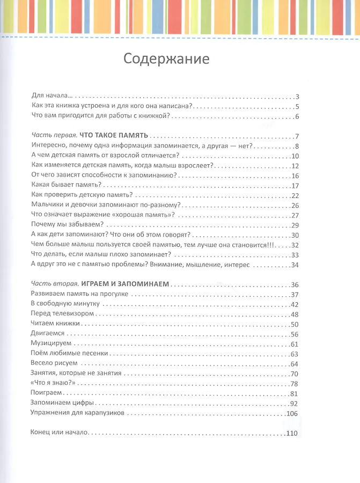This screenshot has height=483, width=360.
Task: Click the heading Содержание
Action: coord(166,58)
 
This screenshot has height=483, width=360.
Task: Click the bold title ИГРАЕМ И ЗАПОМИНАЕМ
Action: coord(121,284)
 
